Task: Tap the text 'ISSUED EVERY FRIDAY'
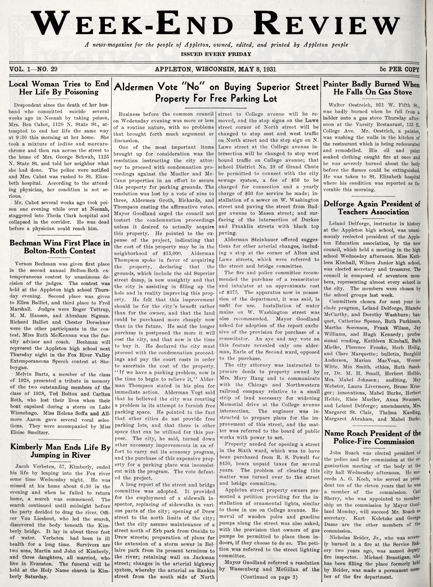point(216,54)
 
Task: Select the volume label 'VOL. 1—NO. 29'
point(33,69)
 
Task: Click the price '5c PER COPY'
point(399,69)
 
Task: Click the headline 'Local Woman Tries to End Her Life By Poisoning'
point(59,88)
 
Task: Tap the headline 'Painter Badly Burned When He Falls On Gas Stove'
point(371,88)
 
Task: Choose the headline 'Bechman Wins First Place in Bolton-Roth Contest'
point(59,247)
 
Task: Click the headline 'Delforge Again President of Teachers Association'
point(372,208)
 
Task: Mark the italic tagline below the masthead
point(216,45)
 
